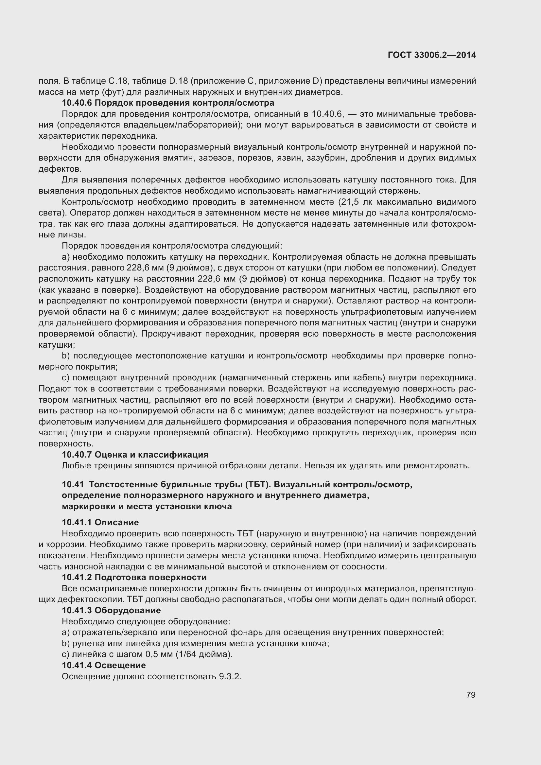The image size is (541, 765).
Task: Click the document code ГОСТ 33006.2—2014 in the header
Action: click(x=432, y=55)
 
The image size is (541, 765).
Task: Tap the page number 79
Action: click(x=471, y=695)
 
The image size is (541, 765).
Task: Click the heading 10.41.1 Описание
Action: click(x=100, y=522)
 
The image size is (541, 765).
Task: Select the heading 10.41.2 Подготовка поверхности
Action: click(x=134, y=577)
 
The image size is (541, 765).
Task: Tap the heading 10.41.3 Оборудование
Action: click(x=111, y=610)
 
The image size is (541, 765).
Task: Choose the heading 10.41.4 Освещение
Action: click(x=104, y=665)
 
